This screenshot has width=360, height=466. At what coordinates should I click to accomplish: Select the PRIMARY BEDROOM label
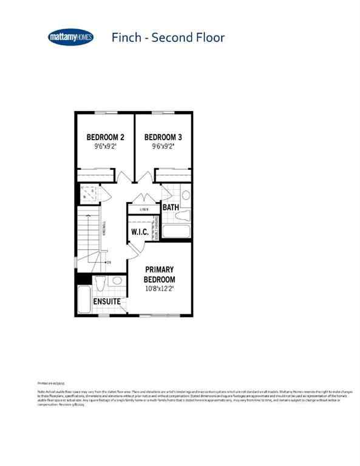[x=159, y=274]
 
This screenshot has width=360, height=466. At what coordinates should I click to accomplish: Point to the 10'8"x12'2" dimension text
[x=159, y=289]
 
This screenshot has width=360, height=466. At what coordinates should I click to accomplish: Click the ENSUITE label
[x=106, y=302]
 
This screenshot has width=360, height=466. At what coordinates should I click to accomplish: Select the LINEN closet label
[x=144, y=209]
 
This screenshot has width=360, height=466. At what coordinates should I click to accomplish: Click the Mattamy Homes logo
[x=70, y=38]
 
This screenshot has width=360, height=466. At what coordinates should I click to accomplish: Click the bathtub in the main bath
[x=177, y=232]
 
